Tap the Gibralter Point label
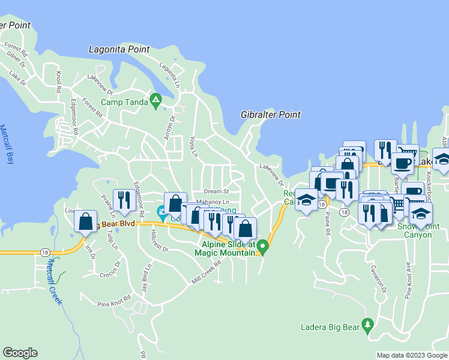tap(270, 115)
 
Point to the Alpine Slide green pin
tap(262, 245)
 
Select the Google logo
tap(20, 353)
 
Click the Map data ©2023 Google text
tap(411, 355)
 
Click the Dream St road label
tap(216, 191)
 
